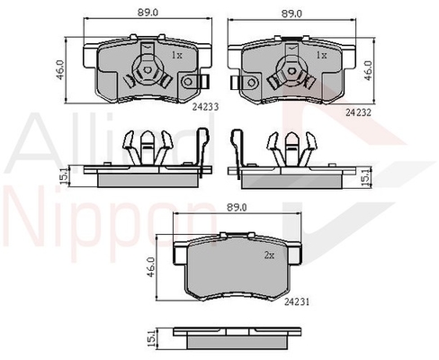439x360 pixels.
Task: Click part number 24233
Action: (x=205, y=107)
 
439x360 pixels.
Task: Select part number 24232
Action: (x=358, y=112)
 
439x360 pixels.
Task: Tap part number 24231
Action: (x=297, y=302)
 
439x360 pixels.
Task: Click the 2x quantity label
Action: (x=269, y=256)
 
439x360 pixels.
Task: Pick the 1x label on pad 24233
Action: (x=176, y=55)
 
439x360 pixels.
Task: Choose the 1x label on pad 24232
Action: (x=321, y=55)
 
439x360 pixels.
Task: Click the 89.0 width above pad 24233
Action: (x=148, y=13)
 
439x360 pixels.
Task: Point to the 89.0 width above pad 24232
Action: (x=291, y=13)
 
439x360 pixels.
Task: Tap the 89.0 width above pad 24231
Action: (x=237, y=207)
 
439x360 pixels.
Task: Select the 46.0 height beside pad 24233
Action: (x=60, y=70)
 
